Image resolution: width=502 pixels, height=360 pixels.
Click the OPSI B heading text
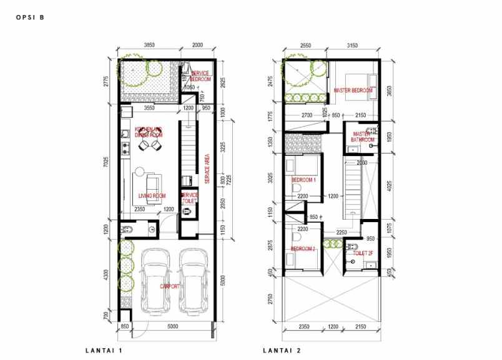coord(29,17)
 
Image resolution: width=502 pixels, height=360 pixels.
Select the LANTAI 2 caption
coord(281,351)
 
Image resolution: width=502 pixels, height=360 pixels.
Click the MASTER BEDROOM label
coord(353,90)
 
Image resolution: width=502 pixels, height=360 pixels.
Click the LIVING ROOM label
coord(152,196)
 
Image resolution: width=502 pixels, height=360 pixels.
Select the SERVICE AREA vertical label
coord(207,168)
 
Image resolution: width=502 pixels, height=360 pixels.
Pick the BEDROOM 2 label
coord(303,250)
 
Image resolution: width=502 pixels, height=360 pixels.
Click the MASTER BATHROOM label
coord(362,137)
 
